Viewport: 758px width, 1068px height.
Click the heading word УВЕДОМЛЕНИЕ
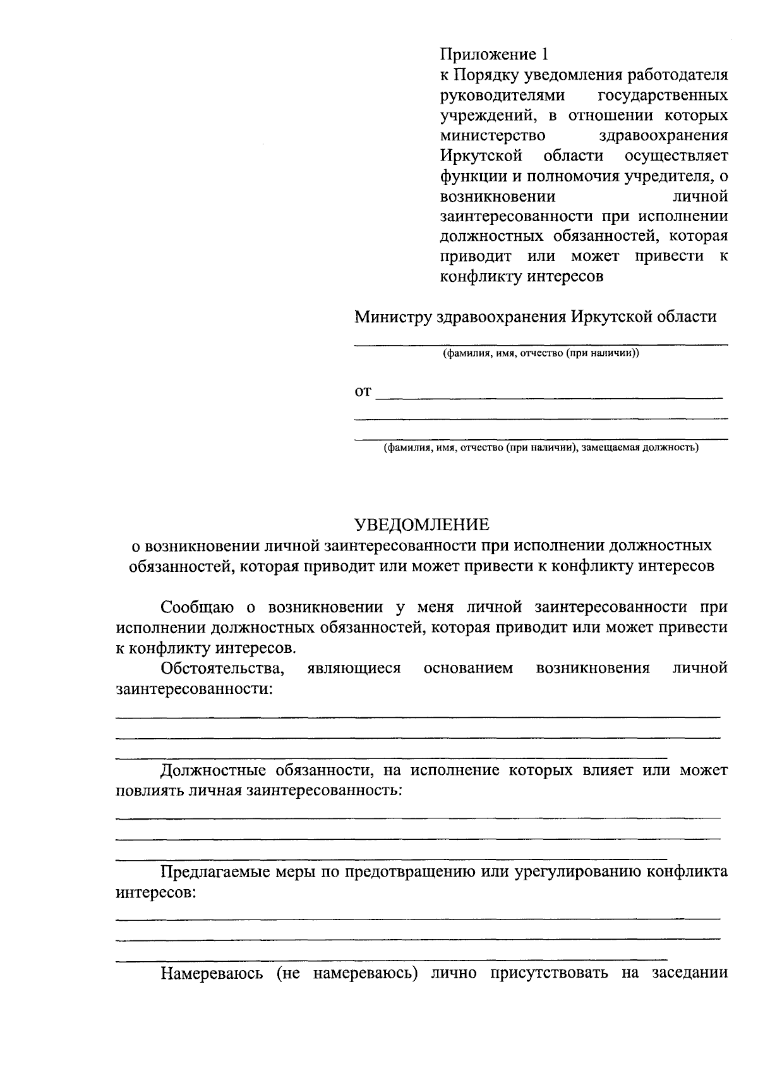coord(421,525)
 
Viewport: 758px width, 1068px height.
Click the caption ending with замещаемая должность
coord(541,448)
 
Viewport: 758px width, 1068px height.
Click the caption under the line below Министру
coord(541,354)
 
